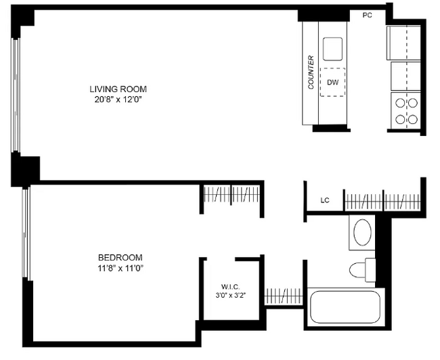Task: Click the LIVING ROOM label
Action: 118,89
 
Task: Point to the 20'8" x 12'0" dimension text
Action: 118,99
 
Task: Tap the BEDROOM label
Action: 120,257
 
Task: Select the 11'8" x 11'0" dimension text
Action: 120,268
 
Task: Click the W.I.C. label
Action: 231,285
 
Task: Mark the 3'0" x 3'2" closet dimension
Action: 231,294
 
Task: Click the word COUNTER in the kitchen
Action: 311,72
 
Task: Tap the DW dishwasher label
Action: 332,83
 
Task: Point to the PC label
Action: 368,16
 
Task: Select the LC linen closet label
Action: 324,200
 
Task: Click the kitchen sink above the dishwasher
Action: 333,49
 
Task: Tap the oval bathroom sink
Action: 363,232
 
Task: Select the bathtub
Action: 346,307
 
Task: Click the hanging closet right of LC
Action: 383,200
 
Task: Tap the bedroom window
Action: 26,233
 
